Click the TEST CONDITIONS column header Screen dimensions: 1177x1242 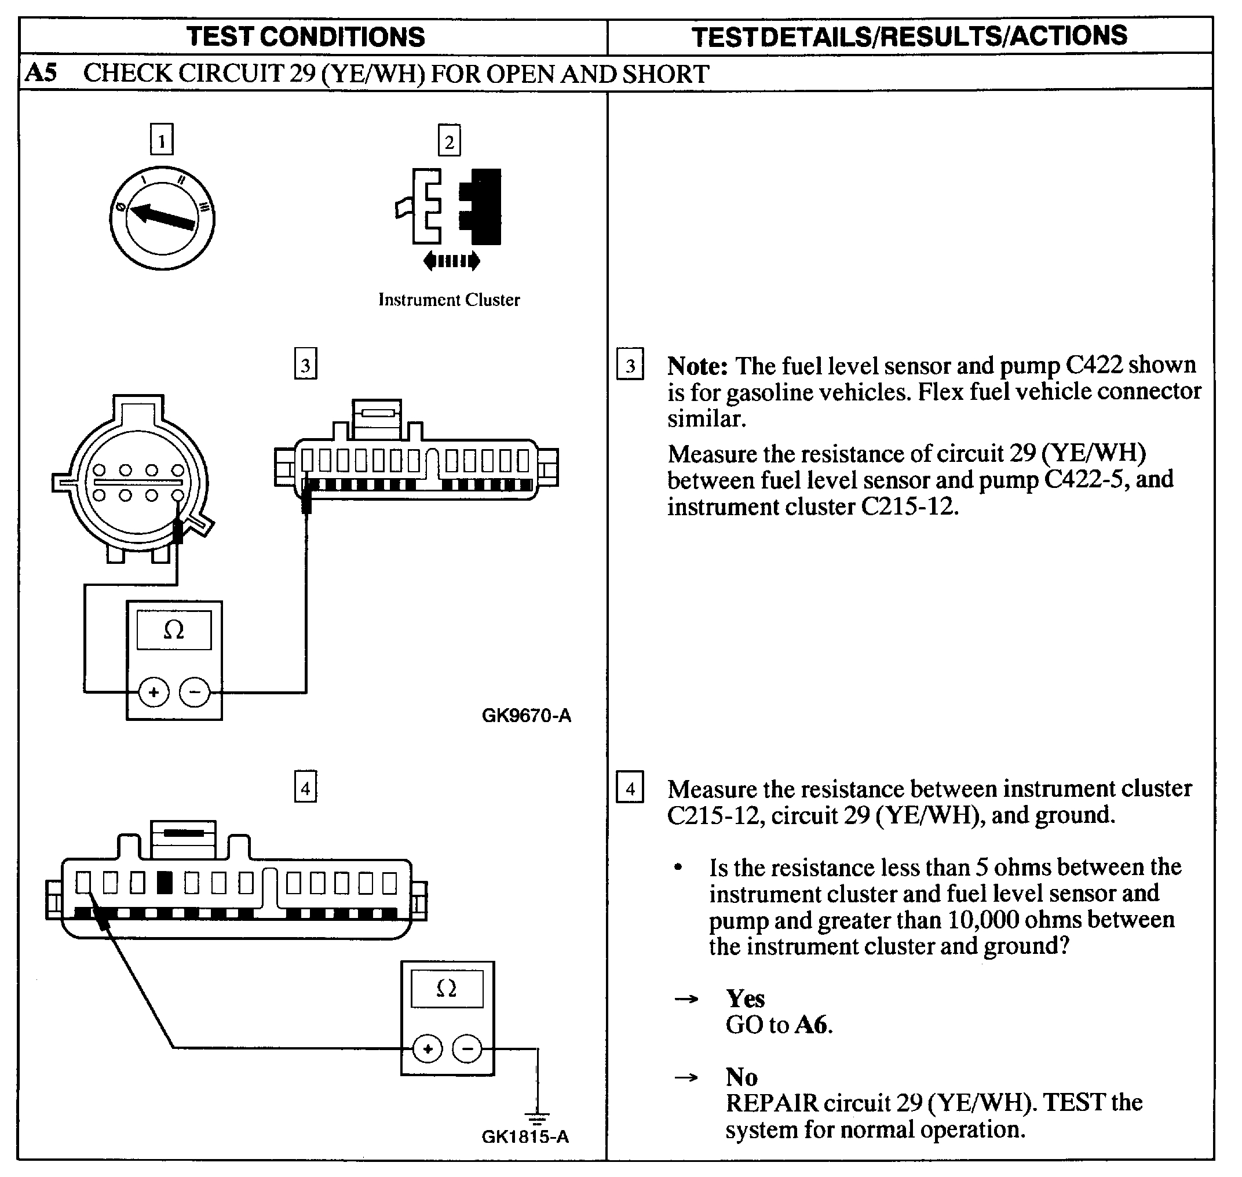305,37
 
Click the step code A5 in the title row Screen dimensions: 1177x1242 41,73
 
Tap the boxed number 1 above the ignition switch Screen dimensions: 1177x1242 161,139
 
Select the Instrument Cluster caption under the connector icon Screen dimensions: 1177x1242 448,300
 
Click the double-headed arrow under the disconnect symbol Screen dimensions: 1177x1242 452,260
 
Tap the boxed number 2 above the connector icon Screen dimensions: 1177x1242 448,141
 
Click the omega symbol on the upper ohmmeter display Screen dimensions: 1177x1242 174,630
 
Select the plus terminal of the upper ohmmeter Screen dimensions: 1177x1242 154,692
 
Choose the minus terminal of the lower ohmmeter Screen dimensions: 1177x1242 467,1048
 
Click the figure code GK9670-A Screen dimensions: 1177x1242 525,715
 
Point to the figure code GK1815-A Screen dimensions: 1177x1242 524,1136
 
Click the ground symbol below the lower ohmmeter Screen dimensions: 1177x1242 538,1116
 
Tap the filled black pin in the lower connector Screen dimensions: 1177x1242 165,883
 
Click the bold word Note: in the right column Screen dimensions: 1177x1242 697,365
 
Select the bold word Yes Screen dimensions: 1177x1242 744,998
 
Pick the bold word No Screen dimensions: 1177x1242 741,1077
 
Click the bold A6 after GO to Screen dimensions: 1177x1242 812,1025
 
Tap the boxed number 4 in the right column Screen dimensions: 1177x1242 630,788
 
